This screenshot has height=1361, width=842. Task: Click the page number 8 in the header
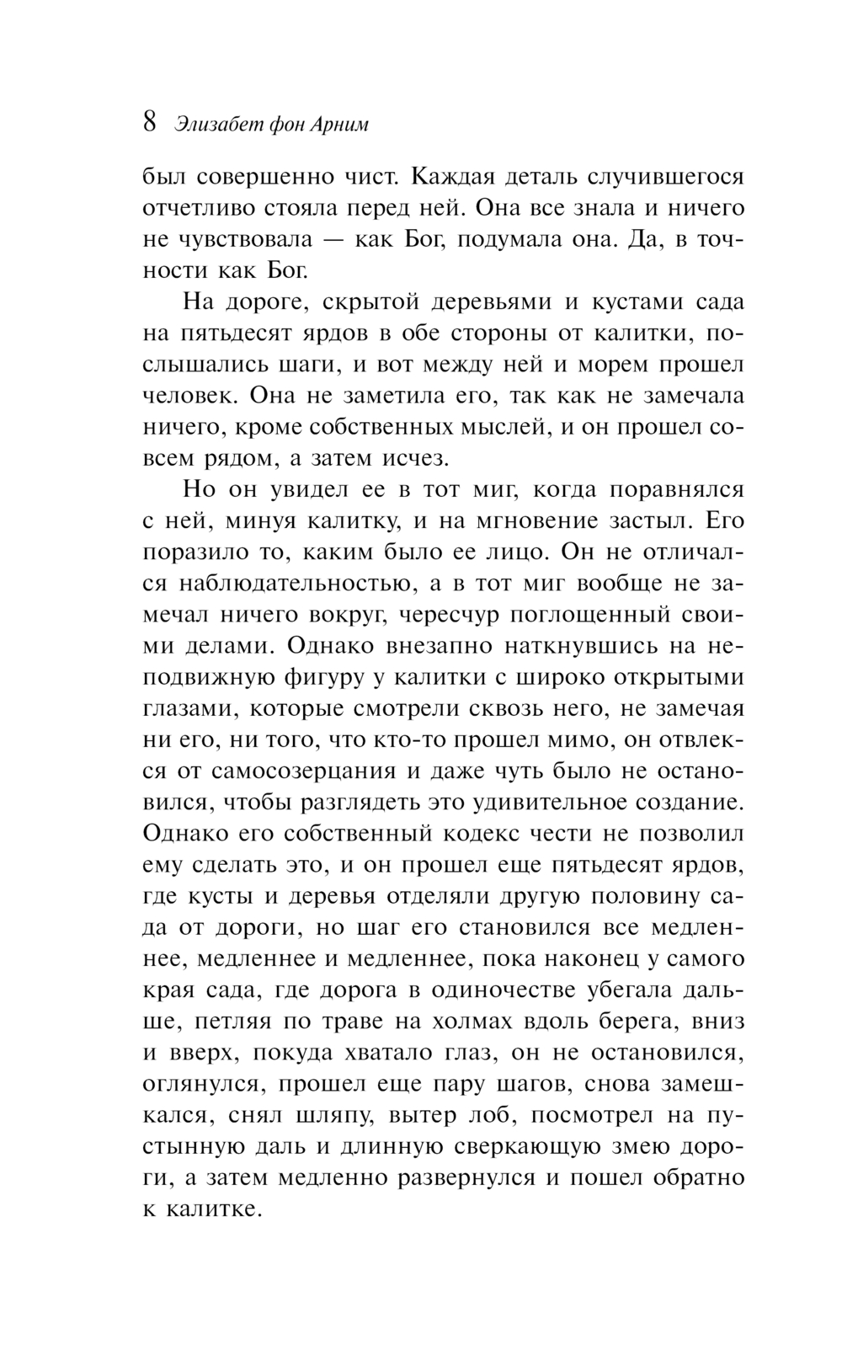[149, 122]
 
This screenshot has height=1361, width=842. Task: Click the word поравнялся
[676, 490]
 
